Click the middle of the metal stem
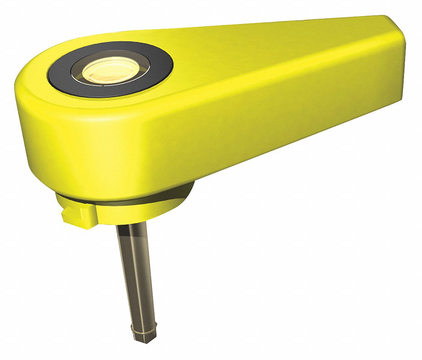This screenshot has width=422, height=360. click(136, 274)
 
